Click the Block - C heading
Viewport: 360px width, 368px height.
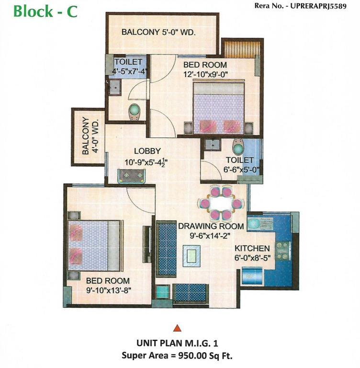45,11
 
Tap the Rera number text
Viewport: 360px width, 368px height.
301,6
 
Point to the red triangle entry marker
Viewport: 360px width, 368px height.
177,328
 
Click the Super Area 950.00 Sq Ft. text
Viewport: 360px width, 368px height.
177,356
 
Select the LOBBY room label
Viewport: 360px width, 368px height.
147,151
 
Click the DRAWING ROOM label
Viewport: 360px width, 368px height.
211,226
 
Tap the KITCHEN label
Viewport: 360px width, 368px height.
252,248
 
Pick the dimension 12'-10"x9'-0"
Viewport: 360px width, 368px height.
206,74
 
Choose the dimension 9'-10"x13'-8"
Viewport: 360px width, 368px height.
109,290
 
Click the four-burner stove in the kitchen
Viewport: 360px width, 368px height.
282,251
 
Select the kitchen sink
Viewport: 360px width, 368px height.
260,224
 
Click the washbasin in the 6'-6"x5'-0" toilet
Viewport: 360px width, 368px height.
213,145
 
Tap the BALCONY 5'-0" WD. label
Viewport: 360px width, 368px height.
158,32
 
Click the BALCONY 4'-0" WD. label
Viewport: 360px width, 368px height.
90,137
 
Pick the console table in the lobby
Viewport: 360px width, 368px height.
131,176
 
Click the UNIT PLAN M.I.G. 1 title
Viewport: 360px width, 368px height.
177,344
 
